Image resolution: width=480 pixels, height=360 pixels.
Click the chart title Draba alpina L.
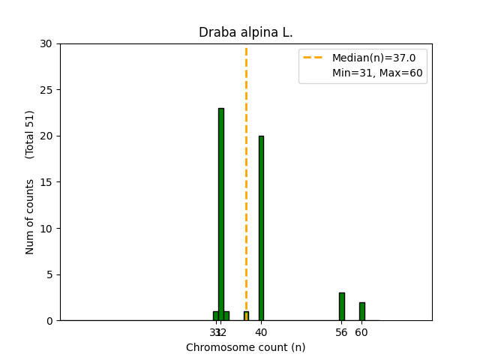click(x=245, y=32)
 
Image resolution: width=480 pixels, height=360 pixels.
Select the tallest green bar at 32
click(x=221, y=214)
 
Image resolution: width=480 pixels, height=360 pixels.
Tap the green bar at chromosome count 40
click(x=261, y=228)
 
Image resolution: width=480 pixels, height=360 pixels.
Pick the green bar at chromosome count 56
click(x=342, y=307)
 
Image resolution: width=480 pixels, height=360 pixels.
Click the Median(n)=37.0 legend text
click(x=368, y=58)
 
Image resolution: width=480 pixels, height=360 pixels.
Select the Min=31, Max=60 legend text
click(x=377, y=73)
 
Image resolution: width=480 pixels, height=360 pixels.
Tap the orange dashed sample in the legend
click(x=313, y=58)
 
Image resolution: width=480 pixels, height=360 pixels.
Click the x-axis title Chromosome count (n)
click(x=245, y=347)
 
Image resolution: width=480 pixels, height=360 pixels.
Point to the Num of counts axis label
click(x=30, y=217)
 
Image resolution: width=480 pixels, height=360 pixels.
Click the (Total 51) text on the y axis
click(x=30, y=134)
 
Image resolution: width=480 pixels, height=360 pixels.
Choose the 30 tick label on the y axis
click(x=46, y=43)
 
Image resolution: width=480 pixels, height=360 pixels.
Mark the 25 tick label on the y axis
click(x=46, y=90)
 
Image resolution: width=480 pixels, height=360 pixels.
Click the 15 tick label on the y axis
click(x=46, y=182)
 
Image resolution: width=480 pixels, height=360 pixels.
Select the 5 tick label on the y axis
click(x=49, y=274)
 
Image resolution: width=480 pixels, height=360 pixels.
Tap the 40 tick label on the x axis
click(x=261, y=332)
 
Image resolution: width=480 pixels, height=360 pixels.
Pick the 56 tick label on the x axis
click(x=342, y=332)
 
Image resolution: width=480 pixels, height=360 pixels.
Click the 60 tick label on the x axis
click(x=361, y=332)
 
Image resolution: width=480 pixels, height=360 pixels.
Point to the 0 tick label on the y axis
click(x=49, y=321)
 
